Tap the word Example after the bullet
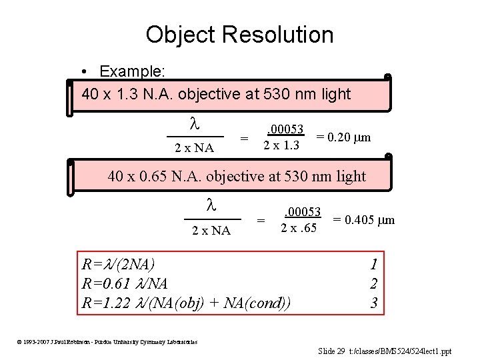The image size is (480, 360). coord(134,71)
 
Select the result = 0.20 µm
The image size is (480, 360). coord(343,137)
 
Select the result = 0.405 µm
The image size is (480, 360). coord(363,219)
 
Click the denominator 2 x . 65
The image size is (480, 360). coord(299,228)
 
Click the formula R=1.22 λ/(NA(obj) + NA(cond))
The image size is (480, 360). coord(187,303)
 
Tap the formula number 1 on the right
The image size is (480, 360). coord(374,264)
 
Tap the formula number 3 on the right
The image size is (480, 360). coord(374,303)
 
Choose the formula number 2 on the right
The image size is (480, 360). coord(374,284)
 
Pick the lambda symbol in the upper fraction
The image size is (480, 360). coord(195,124)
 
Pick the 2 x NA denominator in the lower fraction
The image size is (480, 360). coord(211,231)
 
